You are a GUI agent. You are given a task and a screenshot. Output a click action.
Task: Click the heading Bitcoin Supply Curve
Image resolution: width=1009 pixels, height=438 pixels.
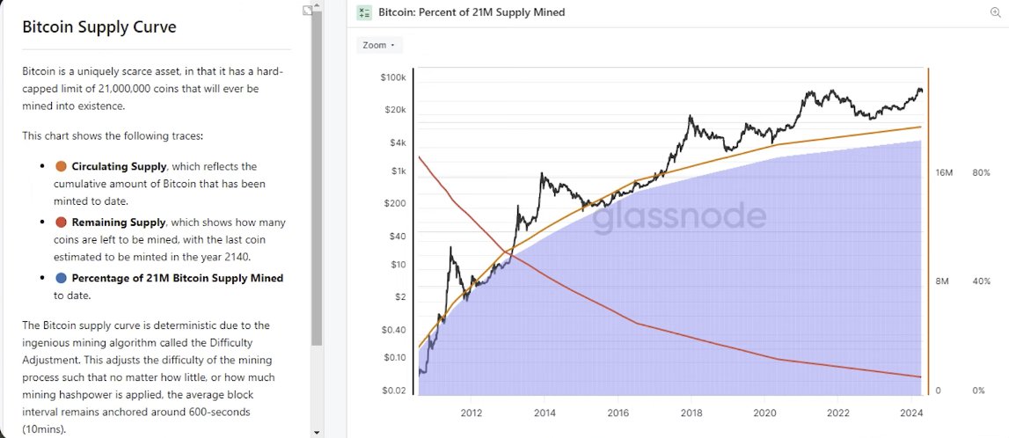(x=99, y=27)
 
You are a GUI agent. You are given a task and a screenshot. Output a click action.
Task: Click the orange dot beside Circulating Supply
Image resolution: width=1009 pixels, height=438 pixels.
(x=61, y=166)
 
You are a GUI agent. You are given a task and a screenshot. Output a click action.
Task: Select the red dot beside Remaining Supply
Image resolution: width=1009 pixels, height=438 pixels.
(x=61, y=223)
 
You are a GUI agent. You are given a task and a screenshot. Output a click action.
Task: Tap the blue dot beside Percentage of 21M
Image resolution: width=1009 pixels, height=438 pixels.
(x=61, y=278)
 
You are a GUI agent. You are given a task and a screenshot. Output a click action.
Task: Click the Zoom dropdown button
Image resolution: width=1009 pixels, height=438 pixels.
(x=378, y=45)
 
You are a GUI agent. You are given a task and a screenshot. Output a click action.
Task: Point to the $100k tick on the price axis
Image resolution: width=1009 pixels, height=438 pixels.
(x=393, y=77)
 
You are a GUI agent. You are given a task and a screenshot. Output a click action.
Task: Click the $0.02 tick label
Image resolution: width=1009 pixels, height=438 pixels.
(x=393, y=391)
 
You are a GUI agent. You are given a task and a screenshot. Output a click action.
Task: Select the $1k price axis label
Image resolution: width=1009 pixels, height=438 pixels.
(x=398, y=172)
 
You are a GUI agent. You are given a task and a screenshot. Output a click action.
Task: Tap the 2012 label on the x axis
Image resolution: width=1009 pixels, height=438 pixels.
(x=471, y=412)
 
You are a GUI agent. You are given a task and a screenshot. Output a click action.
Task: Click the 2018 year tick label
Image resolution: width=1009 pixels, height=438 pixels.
(x=691, y=412)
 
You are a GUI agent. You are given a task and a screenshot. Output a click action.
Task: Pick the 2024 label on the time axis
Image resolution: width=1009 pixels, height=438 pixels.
(x=910, y=412)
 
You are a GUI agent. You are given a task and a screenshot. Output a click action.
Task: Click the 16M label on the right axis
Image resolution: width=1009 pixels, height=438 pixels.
(x=945, y=173)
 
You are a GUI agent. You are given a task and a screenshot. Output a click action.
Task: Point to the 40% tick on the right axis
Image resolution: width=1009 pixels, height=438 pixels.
(x=981, y=281)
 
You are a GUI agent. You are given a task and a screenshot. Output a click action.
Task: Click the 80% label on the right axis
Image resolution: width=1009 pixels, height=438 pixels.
(x=981, y=173)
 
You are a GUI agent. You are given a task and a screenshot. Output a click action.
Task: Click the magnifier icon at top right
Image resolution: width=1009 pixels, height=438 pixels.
(x=995, y=12)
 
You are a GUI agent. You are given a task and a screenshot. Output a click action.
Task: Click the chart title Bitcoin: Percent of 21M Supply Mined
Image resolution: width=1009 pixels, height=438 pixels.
(x=472, y=12)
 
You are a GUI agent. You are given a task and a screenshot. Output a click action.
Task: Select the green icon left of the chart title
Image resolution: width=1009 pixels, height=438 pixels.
(x=363, y=12)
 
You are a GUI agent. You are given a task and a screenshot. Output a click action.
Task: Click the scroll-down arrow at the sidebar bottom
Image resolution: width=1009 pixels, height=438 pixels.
(x=317, y=432)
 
